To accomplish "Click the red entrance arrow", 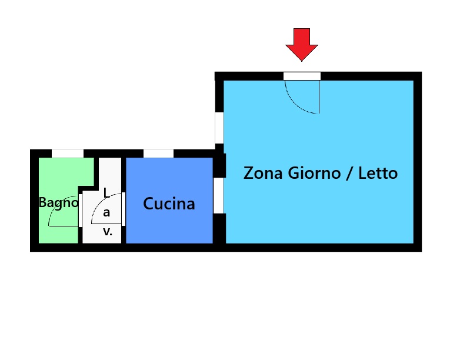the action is point(302,44).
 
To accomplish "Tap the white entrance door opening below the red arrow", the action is point(302,76).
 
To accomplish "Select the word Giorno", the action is point(314,173).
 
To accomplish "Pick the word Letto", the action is point(378,173).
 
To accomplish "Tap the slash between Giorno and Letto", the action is point(349,173).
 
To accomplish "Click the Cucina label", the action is point(169,204).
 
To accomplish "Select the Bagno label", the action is point(59,203).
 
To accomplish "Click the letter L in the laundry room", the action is point(106,193).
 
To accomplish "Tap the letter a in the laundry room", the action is point(106,212).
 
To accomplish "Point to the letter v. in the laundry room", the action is point(108,232).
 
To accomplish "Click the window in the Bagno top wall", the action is point(68,154).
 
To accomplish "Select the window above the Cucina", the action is point(158,154).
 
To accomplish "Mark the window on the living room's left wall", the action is point(219,128).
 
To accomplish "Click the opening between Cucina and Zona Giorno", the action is point(219,195).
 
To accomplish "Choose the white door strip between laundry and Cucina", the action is point(124,209).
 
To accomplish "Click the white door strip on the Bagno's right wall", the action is point(81,211).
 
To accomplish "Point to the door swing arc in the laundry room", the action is point(100,202).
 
